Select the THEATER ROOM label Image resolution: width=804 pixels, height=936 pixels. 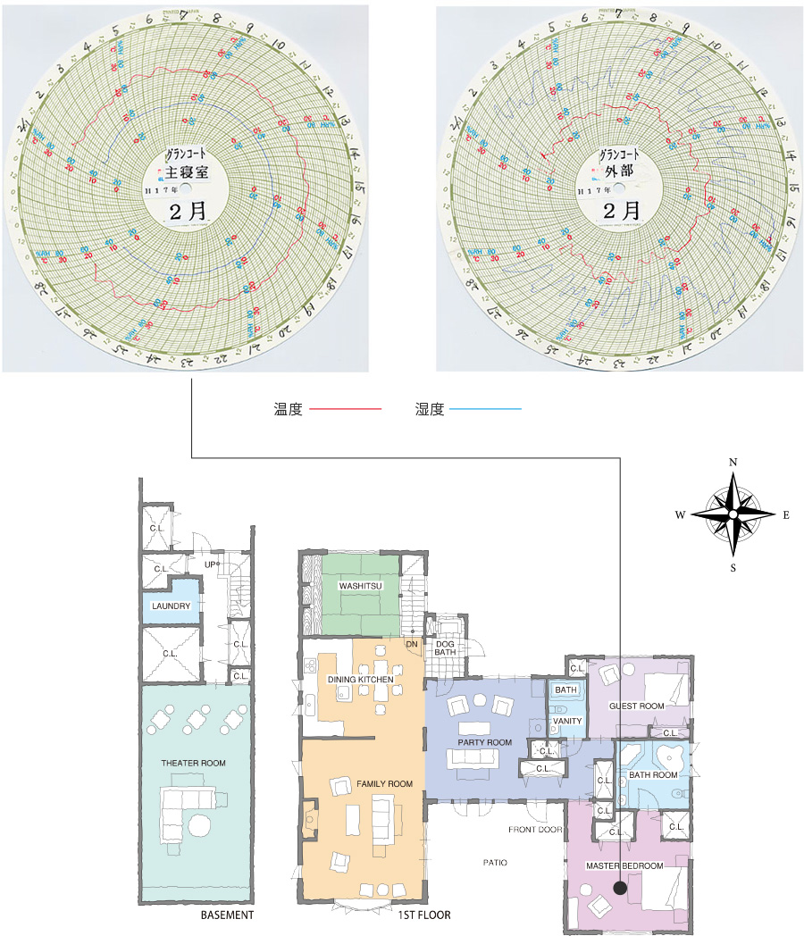[193, 763]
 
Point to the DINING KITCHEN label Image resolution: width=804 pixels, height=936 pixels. [360, 680]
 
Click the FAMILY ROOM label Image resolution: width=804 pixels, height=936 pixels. [384, 783]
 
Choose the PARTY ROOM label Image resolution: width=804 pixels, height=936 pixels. [484, 742]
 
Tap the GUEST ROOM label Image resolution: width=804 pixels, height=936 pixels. [636, 706]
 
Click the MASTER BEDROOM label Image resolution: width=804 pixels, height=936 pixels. [624, 865]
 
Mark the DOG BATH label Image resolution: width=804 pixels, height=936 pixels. [445, 647]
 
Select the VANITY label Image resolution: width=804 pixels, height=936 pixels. [566, 721]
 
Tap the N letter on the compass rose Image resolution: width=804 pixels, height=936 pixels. [733, 462]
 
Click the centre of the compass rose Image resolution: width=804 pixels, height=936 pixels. [733, 515]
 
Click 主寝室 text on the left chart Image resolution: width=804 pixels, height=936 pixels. [186, 170]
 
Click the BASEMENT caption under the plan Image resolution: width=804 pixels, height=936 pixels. [227, 915]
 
